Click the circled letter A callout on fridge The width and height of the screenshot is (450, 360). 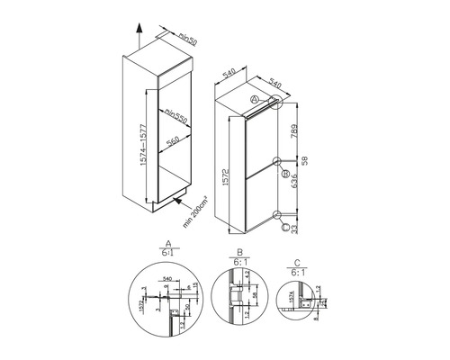pyautogui.click(x=256, y=99)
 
